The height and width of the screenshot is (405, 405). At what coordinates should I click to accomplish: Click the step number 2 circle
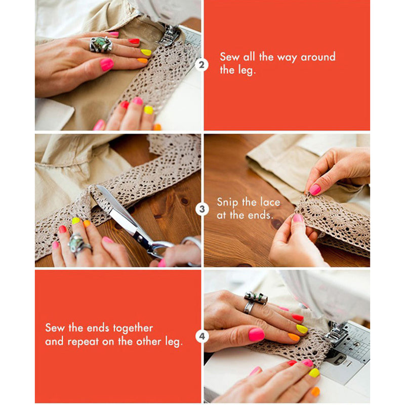201,65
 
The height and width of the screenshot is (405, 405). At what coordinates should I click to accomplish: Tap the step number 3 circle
202,209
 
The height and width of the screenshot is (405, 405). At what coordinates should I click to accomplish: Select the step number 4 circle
202,336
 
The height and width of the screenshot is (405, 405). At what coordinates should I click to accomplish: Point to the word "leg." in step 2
238,70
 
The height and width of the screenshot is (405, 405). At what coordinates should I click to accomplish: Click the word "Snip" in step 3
228,202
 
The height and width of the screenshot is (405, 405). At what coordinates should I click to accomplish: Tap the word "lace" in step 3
269,201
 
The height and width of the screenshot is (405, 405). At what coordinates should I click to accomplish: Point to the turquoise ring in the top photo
101,44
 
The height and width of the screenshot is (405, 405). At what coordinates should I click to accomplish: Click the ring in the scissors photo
79,244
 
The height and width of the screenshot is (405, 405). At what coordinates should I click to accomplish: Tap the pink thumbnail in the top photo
107,64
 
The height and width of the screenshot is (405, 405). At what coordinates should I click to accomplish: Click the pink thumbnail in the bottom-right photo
257,335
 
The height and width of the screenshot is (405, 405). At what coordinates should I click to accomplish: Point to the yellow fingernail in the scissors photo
75,221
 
